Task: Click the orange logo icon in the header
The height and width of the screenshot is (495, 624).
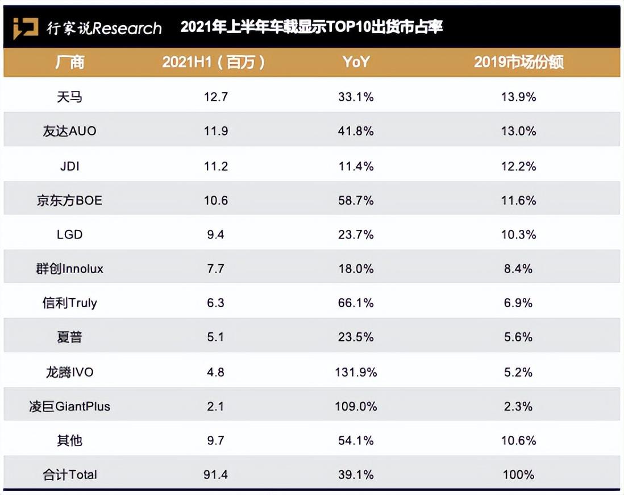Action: click(26, 27)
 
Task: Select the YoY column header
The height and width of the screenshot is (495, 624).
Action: click(356, 62)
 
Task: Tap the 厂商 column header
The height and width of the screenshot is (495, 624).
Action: click(69, 62)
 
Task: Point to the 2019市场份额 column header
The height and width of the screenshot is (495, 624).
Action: click(518, 62)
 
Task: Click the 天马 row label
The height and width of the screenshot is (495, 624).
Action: click(69, 97)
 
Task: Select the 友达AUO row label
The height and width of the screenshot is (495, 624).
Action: click(69, 131)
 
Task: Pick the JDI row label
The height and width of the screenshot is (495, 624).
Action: click(69, 166)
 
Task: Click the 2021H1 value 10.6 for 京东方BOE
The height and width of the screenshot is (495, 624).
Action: click(215, 200)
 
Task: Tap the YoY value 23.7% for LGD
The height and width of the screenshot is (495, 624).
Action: click(356, 234)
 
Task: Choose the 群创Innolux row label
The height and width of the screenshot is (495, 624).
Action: click(69, 269)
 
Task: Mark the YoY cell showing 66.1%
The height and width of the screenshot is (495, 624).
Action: click(356, 303)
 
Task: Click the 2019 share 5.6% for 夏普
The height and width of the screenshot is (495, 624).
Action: click(518, 337)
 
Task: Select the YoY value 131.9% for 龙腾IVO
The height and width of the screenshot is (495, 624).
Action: click(356, 372)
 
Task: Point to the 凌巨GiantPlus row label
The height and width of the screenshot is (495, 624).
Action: click(69, 406)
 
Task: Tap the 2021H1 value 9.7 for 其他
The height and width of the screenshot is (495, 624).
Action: click(215, 440)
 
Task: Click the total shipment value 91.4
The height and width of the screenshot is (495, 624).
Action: click(215, 475)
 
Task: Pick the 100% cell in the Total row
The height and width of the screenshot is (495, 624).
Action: click(518, 475)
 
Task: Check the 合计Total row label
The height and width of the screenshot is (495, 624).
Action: click(69, 475)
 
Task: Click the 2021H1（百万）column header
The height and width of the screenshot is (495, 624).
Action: click(214, 62)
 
